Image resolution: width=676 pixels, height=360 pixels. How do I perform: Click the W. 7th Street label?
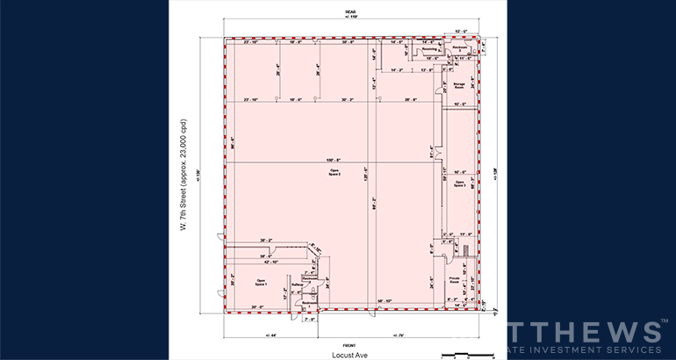pos(183,176)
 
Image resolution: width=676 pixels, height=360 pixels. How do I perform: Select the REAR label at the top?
pos(350,10)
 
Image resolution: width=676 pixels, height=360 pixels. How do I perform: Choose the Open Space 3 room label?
pos(459,184)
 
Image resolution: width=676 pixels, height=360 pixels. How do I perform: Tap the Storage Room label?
pos(458,84)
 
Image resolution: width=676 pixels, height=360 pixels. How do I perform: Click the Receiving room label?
pos(430,49)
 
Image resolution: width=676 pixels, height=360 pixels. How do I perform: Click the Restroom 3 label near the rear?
pos(458,48)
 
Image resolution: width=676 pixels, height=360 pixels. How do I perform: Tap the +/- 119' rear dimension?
pos(350,17)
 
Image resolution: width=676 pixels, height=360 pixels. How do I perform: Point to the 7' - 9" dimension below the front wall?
pos(310,319)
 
